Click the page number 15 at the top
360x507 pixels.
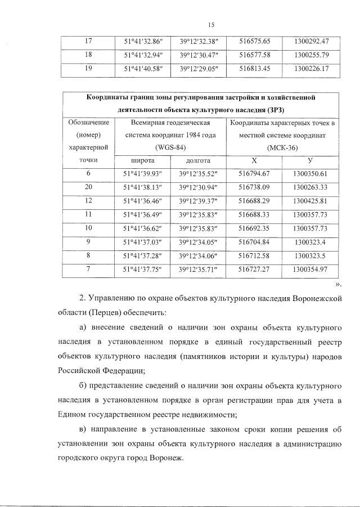(x=211, y=25)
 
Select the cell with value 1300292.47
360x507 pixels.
(x=311, y=41)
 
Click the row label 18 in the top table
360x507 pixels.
(x=88, y=56)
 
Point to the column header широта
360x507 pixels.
(x=142, y=160)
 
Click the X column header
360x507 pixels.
(x=255, y=160)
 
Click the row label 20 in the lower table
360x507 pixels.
(x=88, y=187)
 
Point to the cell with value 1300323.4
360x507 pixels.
(x=311, y=241)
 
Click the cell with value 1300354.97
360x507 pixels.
(x=311, y=269)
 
